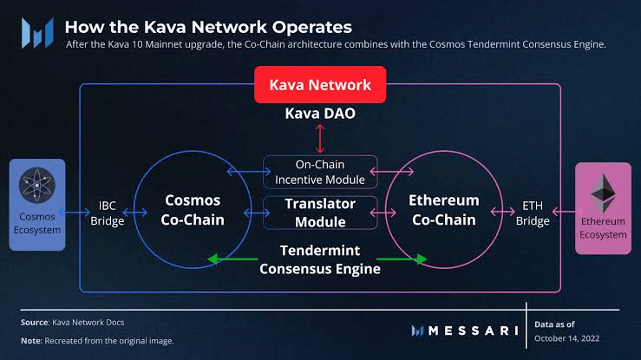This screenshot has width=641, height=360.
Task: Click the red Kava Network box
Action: (x=320, y=85)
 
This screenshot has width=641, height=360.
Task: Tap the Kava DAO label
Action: (x=320, y=114)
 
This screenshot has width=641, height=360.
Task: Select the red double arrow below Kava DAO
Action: (x=320, y=139)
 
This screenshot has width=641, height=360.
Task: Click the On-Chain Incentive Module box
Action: (x=320, y=172)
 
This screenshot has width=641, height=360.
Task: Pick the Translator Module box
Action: (x=320, y=213)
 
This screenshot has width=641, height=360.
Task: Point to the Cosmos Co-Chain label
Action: (x=193, y=210)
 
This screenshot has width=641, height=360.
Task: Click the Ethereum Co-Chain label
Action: (x=444, y=210)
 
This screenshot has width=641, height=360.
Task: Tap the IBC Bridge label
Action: (x=107, y=213)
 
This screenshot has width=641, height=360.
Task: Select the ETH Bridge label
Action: (x=533, y=213)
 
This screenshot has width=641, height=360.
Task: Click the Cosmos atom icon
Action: (x=37, y=185)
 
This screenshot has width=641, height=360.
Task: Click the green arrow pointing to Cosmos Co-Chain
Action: (x=232, y=259)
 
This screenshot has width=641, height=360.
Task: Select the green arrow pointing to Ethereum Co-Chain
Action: (x=402, y=259)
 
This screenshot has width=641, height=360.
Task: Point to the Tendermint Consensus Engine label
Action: (x=320, y=259)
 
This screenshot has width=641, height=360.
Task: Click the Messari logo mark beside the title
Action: (x=37, y=33)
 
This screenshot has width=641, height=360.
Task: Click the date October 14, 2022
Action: (x=567, y=338)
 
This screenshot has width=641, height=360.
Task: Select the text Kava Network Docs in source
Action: (x=88, y=323)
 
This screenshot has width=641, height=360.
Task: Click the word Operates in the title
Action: (x=312, y=28)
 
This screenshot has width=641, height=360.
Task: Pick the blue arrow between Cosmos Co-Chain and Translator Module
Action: (x=257, y=213)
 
